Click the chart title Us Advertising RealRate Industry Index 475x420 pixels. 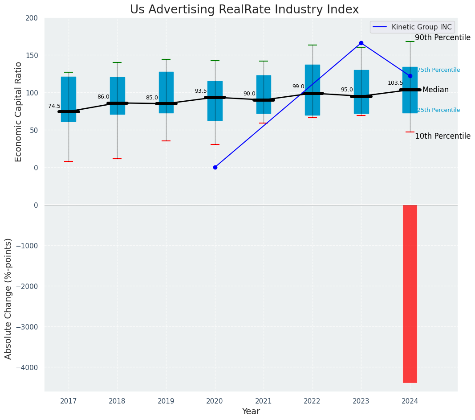244,10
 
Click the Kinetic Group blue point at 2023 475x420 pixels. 361,43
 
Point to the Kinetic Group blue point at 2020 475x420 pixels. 215,167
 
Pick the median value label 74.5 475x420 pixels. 54,106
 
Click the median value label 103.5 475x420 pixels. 395,83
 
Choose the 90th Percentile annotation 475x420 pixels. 442,38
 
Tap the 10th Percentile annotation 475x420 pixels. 442,136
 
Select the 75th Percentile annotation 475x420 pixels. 438,70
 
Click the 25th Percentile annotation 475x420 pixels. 438,110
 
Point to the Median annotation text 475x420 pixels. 435,90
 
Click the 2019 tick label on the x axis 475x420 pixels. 166,401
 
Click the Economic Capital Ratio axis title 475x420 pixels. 19,111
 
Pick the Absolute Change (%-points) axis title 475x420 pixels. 8,298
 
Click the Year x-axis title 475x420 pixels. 251,412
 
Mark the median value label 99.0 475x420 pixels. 298,86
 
